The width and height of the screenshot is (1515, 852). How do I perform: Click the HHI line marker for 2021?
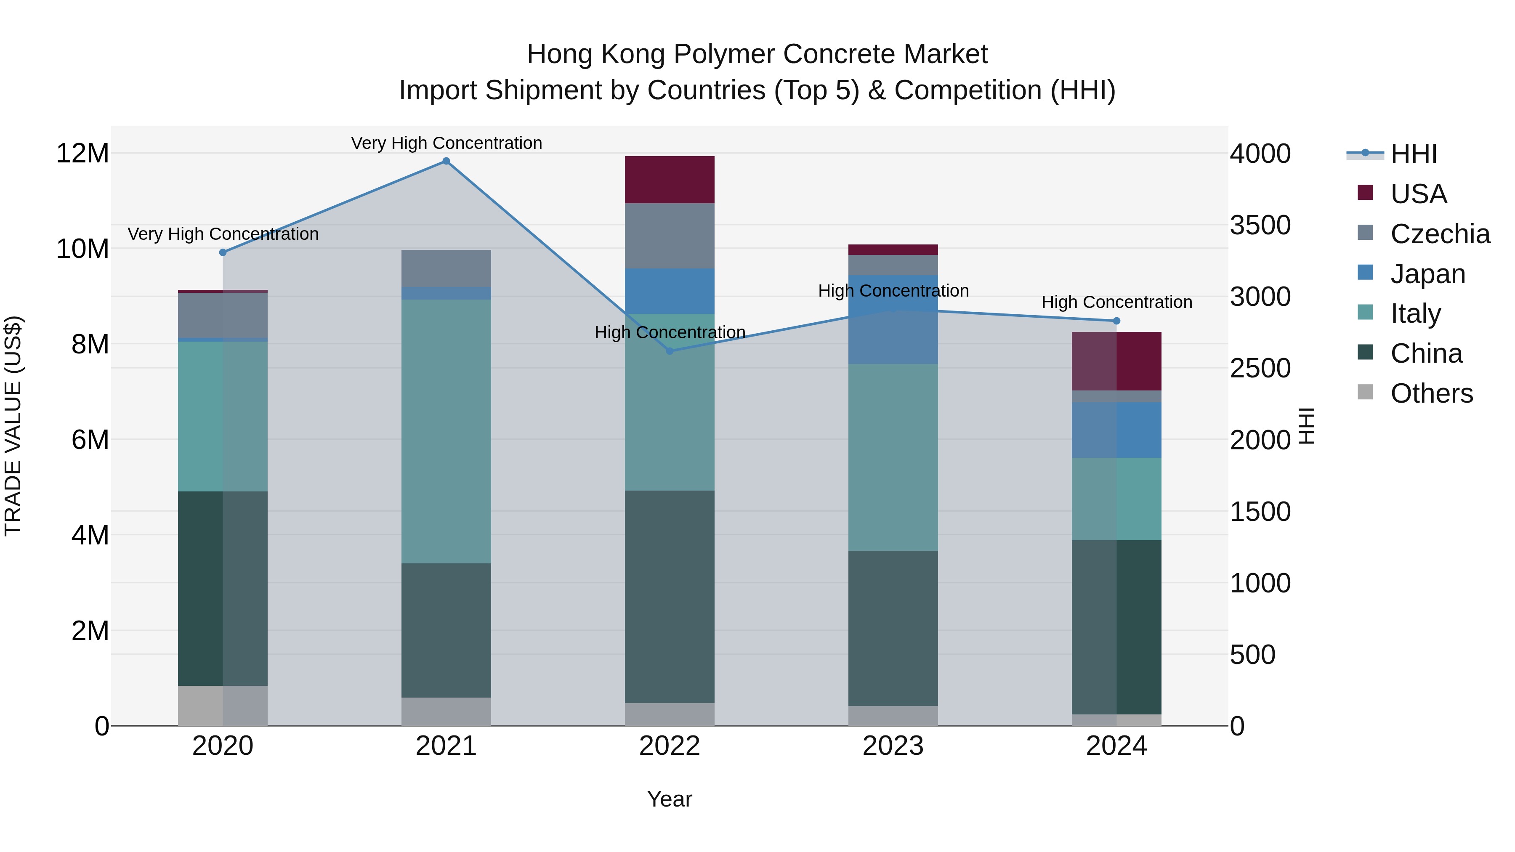pyautogui.click(x=446, y=161)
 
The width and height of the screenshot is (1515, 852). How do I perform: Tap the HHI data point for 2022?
pyautogui.click(x=669, y=351)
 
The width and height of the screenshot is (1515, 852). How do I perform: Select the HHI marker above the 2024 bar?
pyautogui.click(x=1116, y=321)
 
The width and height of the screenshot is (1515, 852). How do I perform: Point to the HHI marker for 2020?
pyautogui.click(x=223, y=252)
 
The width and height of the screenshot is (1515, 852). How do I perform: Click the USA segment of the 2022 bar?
pyautogui.click(x=669, y=179)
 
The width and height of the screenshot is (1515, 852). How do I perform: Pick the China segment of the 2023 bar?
pyautogui.click(x=893, y=628)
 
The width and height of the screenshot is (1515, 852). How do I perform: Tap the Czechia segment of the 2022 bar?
pyautogui.click(x=669, y=236)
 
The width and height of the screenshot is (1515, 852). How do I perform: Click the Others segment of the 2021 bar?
pyautogui.click(x=446, y=711)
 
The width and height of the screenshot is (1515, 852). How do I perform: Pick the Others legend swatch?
pyautogui.click(x=1365, y=392)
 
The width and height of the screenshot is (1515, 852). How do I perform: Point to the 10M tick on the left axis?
pyautogui.click(x=82, y=249)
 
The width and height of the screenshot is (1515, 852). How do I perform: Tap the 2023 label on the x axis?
pyautogui.click(x=893, y=746)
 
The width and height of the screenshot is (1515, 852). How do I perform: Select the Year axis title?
pyautogui.click(x=669, y=799)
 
